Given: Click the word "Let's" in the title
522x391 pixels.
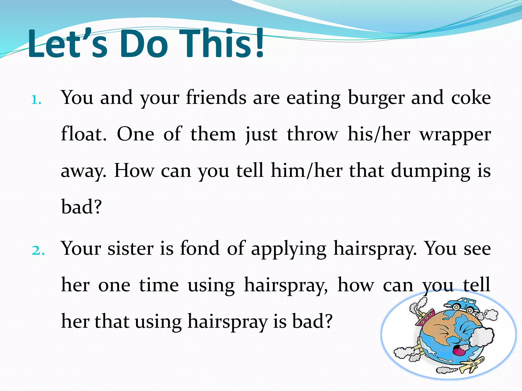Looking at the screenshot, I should point(67,44).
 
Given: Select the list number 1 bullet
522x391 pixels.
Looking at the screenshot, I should point(36,100).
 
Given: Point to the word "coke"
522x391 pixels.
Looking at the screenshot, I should point(471,98).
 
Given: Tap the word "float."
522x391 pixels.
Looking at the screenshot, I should point(84,134).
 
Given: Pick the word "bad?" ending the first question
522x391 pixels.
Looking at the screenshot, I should point(81,207).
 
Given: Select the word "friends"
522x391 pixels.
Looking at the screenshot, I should point(216,98).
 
